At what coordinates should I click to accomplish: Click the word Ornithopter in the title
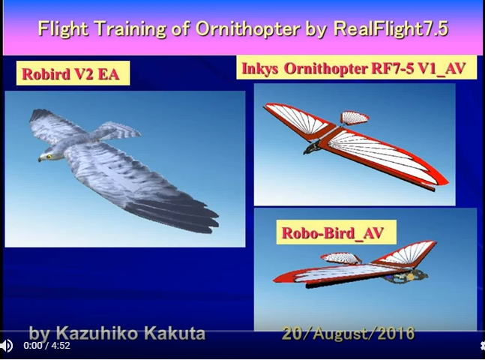(x=248, y=28)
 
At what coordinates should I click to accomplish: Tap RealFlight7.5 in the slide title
(x=391, y=28)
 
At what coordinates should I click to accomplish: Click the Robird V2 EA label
(x=73, y=73)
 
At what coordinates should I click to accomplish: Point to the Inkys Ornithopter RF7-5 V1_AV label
(x=356, y=67)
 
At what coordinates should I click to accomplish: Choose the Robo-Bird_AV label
(x=336, y=232)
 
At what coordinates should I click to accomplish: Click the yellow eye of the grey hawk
(x=49, y=156)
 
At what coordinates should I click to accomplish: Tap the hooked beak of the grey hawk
(x=40, y=159)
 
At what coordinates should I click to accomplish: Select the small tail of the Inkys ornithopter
(x=355, y=118)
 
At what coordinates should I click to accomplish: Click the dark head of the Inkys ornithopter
(x=312, y=147)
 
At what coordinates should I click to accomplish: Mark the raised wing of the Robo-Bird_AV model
(x=406, y=253)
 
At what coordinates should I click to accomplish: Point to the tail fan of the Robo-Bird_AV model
(x=341, y=258)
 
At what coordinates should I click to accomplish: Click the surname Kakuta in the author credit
(x=175, y=334)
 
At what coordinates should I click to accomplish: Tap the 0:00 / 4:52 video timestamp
(x=46, y=346)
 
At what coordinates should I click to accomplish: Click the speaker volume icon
(x=6, y=346)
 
